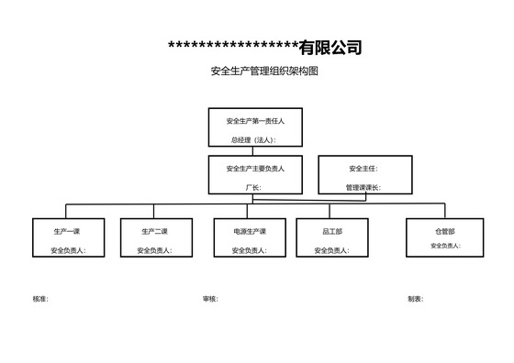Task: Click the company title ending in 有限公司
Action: coord(265,48)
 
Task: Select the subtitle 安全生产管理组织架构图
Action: coord(264,71)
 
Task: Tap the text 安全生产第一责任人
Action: coord(255,120)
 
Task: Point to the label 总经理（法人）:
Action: coord(253,140)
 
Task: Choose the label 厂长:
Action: coord(253,187)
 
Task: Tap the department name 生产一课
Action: coord(67,232)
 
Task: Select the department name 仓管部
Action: coord(444,232)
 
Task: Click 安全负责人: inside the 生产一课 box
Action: coord(68,250)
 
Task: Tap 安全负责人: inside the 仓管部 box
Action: coord(444,246)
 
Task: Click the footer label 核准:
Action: coord(40,299)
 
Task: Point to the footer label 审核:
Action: coord(210,299)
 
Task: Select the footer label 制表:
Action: coord(416,299)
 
